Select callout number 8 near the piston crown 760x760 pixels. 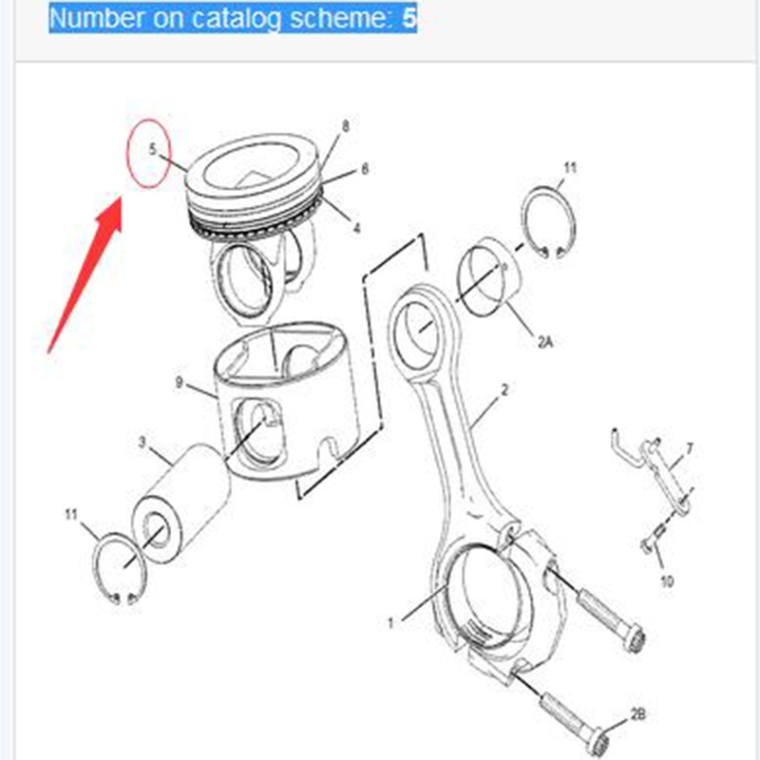[346, 126]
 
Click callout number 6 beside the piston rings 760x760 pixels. [365, 169]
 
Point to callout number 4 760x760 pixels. [357, 228]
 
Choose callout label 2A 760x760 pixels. [545, 342]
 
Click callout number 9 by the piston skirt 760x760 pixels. [180, 383]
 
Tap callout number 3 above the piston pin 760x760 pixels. [142, 443]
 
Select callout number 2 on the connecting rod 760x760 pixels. [504, 389]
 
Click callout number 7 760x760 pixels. [690, 448]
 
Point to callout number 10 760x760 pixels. [668, 580]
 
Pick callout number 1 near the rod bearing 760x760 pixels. [390, 623]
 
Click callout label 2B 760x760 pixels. [638, 714]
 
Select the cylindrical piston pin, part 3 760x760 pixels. [180, 504]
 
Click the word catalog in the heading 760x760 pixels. [236, 18]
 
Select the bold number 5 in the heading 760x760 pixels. [409, 18]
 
